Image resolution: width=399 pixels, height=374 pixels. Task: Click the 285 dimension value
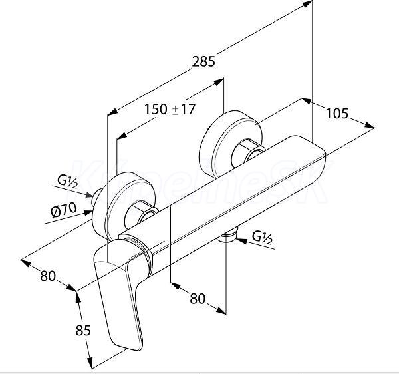tap(203, 61)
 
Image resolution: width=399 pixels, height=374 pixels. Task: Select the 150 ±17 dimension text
tap(170, 110)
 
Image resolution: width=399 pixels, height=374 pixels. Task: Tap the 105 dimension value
tap(337, 114)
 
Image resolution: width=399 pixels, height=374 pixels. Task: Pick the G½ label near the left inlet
tap(67, 180)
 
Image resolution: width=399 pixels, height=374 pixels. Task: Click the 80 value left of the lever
tap(47, 274)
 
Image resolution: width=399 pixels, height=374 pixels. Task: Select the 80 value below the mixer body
tap(198, 299)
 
